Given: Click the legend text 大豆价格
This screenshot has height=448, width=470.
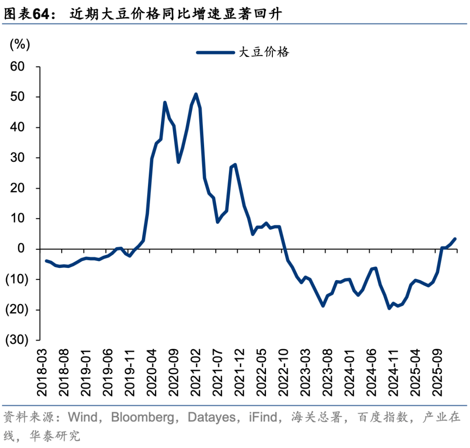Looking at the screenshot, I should [264, 53].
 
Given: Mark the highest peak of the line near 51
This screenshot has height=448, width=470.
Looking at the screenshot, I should [196, 94].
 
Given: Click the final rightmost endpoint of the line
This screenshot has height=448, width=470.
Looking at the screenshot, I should [455, 239].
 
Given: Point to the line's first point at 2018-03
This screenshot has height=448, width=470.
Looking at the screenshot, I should [46, 261].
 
